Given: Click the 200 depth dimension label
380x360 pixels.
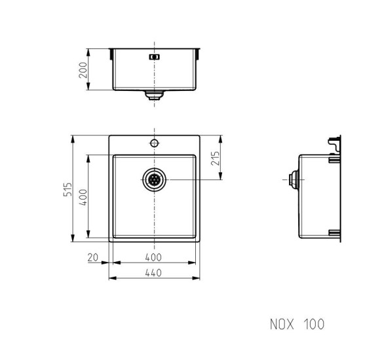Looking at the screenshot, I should tap(83, 69).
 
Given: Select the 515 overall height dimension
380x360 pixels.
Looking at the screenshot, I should tap(67, 189).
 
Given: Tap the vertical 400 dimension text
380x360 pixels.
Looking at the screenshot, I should tap(83, 197).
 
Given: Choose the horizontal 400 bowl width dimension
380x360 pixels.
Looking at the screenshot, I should tap(153, 257).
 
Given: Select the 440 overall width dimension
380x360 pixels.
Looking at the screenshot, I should tap(153, 273).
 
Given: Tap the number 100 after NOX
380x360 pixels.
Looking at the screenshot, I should tap(314, 324).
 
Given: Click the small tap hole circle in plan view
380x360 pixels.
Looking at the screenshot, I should tap(154, 143).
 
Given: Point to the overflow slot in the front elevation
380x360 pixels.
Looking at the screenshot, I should tap(155, 57).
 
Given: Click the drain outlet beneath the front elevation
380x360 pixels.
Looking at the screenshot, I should tap(155, 96).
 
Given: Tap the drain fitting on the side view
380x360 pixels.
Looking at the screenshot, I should tap(294, 179).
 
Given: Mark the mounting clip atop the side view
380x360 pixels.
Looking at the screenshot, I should tap(336, 145).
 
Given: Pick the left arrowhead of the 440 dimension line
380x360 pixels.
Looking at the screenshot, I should tap(111, 278).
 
